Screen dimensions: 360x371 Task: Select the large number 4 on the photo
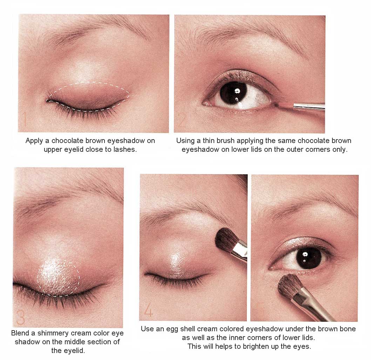[149, 310]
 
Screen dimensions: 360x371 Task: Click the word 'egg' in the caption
[173, 329]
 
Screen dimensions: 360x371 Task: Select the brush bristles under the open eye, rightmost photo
[290, 286]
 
